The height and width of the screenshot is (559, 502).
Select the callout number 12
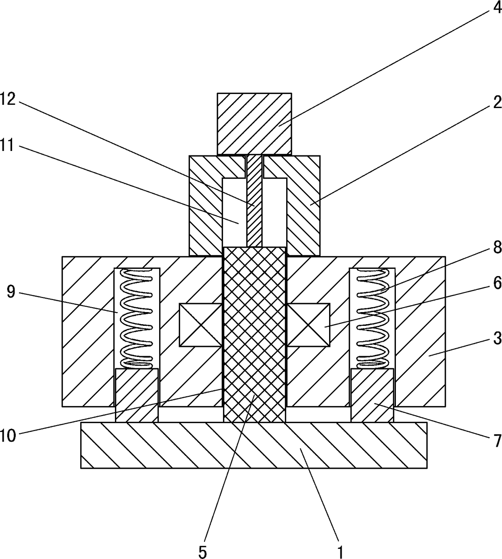[8, 99]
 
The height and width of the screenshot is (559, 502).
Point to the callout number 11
[8, 146]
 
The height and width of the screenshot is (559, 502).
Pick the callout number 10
[8, 436]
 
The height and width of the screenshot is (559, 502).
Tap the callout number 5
[202, 551]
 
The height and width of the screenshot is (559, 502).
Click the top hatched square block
[254, 124]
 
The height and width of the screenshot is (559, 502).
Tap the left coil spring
[137, 318]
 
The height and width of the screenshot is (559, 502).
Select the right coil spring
[372, 318]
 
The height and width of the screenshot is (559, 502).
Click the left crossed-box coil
[200, 325]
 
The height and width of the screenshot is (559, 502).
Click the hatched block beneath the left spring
[136, 395]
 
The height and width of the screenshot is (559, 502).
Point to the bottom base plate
[253, 445]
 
